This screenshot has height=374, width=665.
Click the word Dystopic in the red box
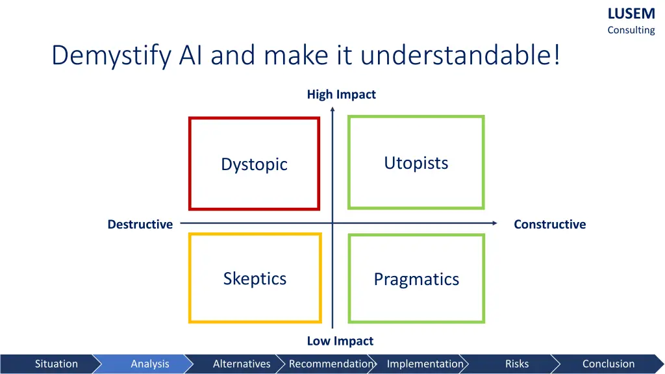pyautogui.click(x=254, y=164)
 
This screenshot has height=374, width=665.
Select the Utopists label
pyautogui.click(x=416, y=163)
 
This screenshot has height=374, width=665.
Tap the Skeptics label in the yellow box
pyautogui.click(x=255, y=279)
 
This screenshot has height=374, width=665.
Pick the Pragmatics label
pyautogui.click(x=416, y=279)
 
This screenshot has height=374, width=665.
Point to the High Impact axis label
pyautogui.click(x=341, y=95)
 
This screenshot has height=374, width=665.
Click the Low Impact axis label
pyautogui.click(x=340, y=341)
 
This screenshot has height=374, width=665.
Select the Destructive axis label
pyautogui.click(x=140, y=225)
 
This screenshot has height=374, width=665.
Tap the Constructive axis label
pyautogui.click(x=549, y=225)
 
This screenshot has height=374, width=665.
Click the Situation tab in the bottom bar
pyautogui.click(x=56, y=364)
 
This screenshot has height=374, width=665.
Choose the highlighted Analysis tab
pyautogui.click(x=150, y=364)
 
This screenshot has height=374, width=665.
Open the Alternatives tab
pyautogui.click(x=242, y=364)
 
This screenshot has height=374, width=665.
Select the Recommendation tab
pyautogui.click(x=331, y=364)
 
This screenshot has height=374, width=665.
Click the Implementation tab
pyautogui.click(x=425, y=364)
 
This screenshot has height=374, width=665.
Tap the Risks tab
pyautogui.click(x=517, y=364)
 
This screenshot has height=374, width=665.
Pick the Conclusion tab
pyautogui.click(x=608, y=364)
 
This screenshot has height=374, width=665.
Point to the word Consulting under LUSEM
pyautogui.click(x=631, y=30)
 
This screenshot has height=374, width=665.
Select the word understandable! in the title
pyautogui.click(x=460, y=56)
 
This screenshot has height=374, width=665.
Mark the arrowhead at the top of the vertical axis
pyautogui.click(x=332, y=110)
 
